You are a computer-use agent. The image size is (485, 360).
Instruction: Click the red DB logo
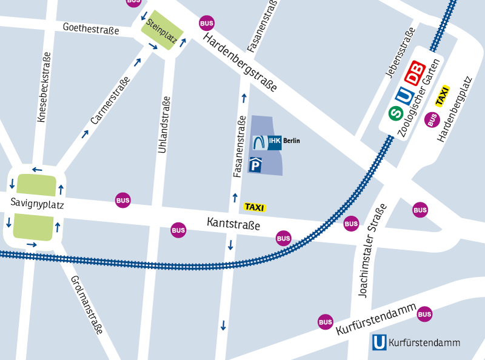[415, 73]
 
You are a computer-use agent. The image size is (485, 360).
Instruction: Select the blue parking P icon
[256, 164]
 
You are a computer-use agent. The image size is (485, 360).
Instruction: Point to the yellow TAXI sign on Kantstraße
[255, 207]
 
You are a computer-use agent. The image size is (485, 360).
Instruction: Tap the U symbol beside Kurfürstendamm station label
[379, 342]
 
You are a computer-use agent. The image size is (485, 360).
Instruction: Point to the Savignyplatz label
[37, 205]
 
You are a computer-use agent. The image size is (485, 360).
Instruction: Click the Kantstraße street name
[233, 225]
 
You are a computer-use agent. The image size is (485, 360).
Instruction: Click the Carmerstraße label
[110, 102]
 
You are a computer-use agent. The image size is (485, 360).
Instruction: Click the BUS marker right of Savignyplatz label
[123, 200]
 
